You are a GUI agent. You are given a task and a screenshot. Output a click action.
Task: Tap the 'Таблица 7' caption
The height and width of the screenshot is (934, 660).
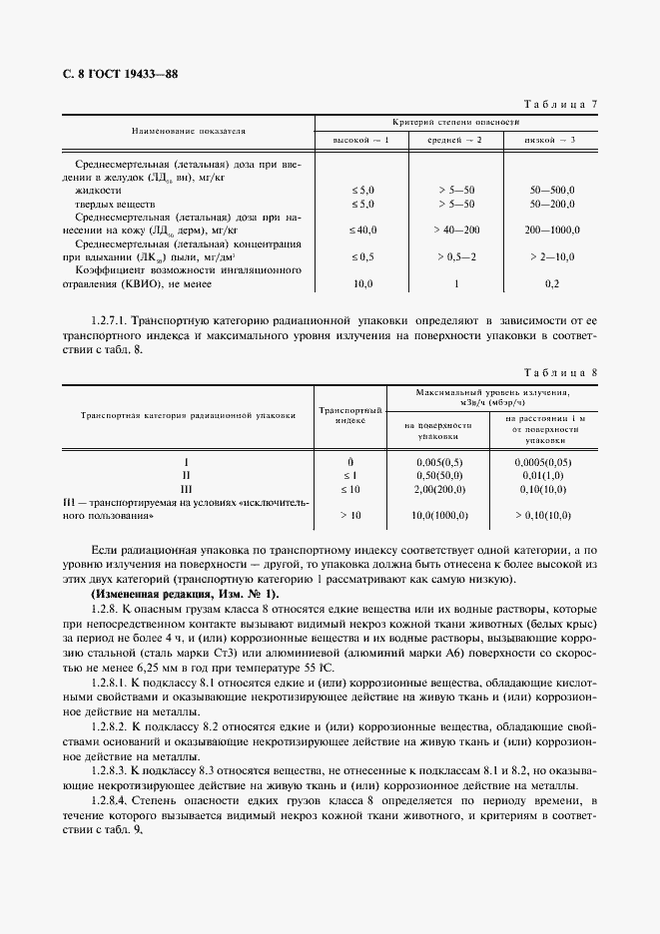(561, 105)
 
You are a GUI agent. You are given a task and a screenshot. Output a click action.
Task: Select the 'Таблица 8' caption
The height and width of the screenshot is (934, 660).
(561, 373)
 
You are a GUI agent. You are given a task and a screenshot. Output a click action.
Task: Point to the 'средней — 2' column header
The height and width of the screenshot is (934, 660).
(455, 139)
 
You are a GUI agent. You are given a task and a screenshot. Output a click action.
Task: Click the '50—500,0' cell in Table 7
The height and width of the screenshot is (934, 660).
(550, 189)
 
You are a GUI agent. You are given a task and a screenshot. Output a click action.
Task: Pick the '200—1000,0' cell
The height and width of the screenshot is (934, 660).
(550, 230)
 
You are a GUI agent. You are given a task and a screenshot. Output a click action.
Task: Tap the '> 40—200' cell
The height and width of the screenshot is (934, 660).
(456, 230)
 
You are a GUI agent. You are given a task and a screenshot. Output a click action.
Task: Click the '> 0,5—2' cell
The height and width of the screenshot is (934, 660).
(456, 257)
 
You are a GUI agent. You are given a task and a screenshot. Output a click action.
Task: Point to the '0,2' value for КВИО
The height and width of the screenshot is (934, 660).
(551, 284)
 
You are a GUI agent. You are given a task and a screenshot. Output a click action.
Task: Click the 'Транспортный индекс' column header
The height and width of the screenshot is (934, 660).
(350, 415)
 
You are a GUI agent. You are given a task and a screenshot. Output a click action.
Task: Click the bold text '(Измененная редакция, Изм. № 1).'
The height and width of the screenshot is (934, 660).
(185, 595)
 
